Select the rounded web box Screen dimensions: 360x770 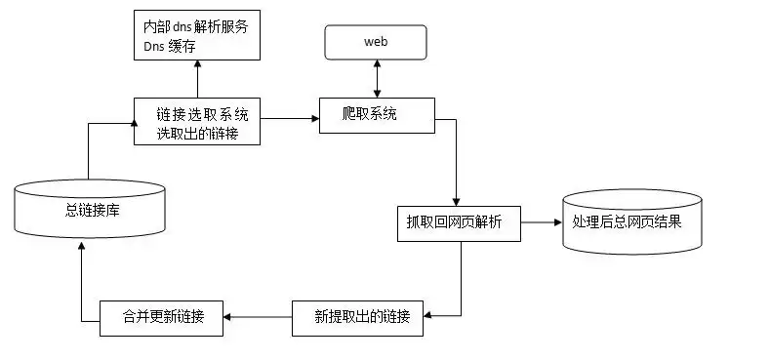tap(376, 42)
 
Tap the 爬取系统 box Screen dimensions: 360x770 tap(376, 116)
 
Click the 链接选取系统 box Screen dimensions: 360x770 tap(197, 120)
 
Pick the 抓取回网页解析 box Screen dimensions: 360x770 tap(458, 222)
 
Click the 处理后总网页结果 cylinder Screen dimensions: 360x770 tap(631, 221)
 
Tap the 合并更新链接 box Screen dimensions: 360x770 tap(162, 318)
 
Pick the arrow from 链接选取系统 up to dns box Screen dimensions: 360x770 tap(197, 78)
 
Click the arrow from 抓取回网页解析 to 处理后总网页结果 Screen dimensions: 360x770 tap(541, 222)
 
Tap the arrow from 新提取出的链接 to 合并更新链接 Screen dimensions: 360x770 tap(259, 317)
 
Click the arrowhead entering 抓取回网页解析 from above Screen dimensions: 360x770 tap(457, 200)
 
